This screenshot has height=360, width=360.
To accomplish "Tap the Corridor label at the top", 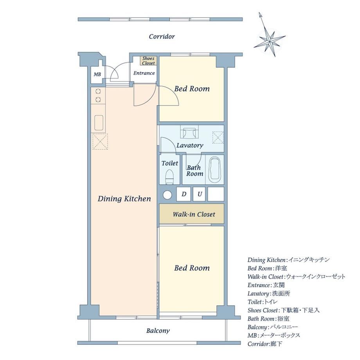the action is click(162, 36).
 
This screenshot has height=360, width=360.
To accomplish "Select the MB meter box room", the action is click(97, 74).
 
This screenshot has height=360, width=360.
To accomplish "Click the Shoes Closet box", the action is click(149, 61).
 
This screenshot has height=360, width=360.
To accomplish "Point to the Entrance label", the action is click(144, 73).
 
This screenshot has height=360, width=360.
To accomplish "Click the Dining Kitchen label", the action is click(124, 199).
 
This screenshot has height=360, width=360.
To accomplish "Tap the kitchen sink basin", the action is click(99, 123).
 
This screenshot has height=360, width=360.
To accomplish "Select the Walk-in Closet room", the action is click(192, 214).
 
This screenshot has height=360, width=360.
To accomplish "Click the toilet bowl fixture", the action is click(170, 176).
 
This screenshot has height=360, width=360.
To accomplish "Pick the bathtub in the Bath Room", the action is click(214, 170).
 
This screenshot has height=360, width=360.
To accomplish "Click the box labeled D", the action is click(184, 194).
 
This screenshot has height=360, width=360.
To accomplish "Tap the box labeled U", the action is click(199, 194).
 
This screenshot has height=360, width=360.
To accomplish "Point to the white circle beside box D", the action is click(167, 195).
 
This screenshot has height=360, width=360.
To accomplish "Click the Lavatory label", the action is click(190, 146).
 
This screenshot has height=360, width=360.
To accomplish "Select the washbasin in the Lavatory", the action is click(189, 133).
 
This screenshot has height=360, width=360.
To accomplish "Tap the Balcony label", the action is click(158, 331).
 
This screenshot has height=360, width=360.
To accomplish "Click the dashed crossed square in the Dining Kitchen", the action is click(100, 142).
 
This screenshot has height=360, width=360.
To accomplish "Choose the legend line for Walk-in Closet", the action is click(296, 277).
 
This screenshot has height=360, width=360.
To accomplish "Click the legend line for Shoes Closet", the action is click(284, 310).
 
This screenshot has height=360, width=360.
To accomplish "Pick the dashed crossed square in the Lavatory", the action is click(218, 137).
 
